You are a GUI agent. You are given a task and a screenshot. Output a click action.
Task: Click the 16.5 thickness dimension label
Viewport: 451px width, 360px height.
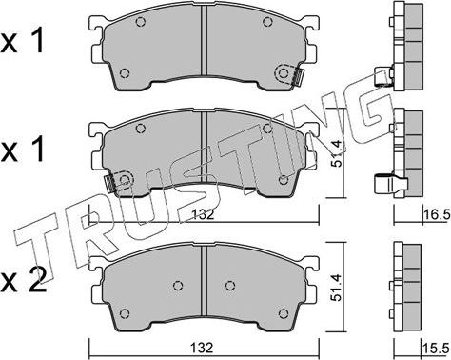tap(437, 215)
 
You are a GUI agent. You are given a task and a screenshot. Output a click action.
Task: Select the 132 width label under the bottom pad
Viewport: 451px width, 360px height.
tap(202, 349)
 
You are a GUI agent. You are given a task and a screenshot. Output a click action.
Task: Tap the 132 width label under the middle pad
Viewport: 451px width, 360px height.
tap(203, 214)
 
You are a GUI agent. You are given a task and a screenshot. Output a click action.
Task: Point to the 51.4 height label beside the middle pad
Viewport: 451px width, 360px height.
tap(336, 153)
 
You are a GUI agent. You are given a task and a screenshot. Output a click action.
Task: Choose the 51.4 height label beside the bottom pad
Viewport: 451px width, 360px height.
tap(336, 288)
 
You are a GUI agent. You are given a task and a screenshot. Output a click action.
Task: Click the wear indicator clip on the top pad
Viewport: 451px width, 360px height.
tap(298, 77)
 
